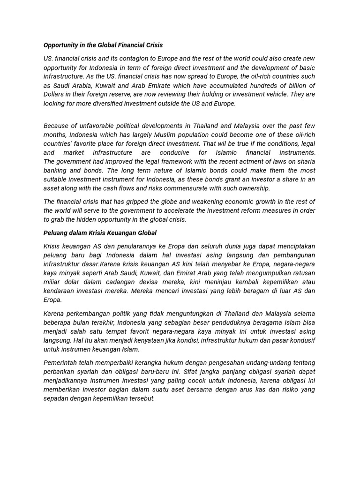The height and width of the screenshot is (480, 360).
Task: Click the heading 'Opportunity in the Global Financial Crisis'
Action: point(103,45)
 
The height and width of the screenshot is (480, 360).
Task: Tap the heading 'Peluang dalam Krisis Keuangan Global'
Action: point(100,233)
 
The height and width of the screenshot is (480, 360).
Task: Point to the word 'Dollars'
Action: point(55,95)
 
